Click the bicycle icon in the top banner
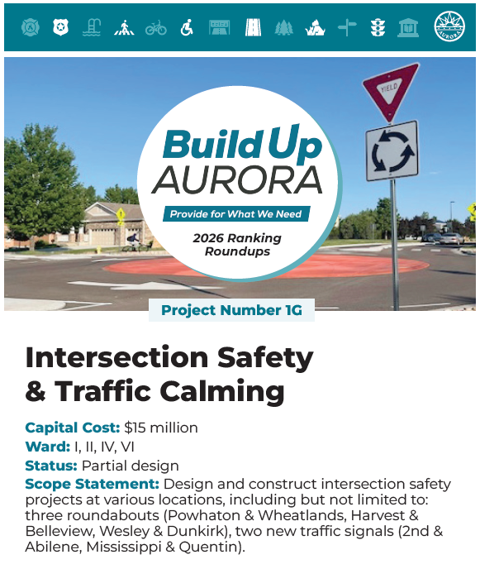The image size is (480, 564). [x=155, y=28]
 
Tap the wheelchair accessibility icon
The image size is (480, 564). [x=187, y=28]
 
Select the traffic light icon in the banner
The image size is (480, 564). [x=378, y=28]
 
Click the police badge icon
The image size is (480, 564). [x=60, y=28]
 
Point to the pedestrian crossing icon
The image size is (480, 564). [x=124, y=28]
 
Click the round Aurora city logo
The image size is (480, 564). [x=450, y=28]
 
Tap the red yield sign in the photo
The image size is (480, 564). [x=389, y=90]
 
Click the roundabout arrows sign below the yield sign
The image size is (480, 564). [x=392, y=151]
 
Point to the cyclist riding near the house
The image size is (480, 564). [x=132, y=239]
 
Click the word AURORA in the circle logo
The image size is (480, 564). [x=237, y=179]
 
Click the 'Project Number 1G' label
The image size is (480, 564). [x=231, y=311]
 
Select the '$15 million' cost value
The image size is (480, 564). [x=161, y=428]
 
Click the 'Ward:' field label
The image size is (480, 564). [x=48, y=447]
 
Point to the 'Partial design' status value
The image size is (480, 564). [x=131, y=466]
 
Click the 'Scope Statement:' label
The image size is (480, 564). [x=92, y=484]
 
